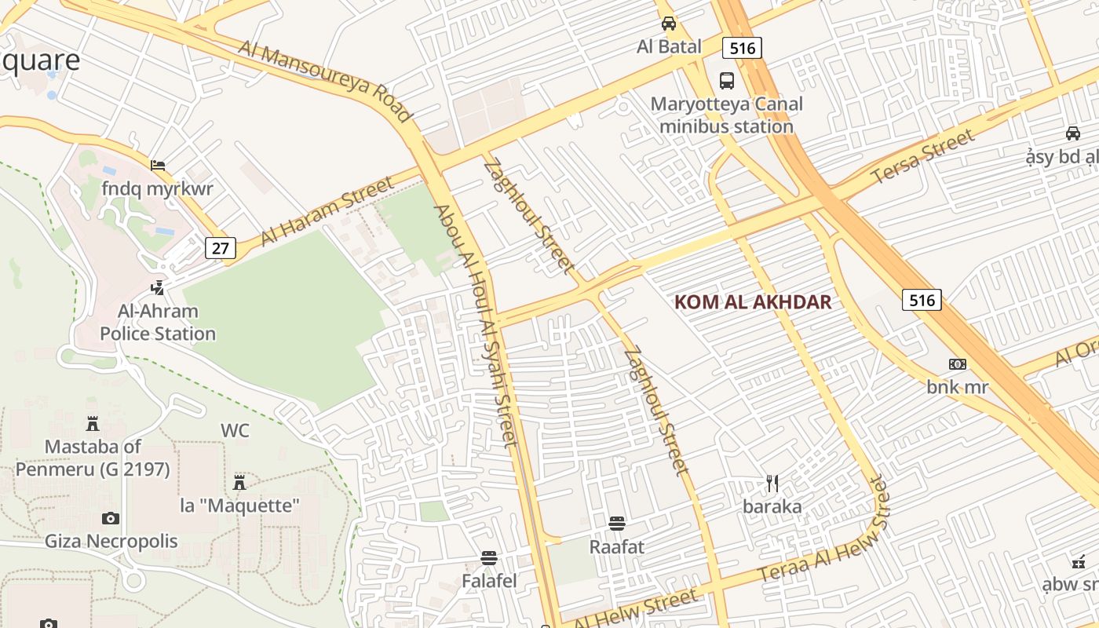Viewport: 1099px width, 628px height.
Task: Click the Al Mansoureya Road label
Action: [326, 82]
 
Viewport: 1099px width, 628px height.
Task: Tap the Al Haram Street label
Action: [327, 210]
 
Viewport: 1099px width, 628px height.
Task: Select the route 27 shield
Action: [221, 249]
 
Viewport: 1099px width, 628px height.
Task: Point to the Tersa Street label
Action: [923, 157]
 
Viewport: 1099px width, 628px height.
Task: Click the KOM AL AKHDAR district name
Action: [753, 302]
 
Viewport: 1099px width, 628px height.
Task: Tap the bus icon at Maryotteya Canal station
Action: [727, 80]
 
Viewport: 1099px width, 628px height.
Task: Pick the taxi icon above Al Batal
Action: [669, 24]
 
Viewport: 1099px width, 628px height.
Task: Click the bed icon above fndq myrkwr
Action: [158, 166]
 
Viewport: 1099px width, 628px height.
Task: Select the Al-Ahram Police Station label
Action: [158, 323]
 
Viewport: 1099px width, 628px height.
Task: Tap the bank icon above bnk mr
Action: [958, 364]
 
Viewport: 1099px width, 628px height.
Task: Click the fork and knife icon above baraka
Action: [772, 484]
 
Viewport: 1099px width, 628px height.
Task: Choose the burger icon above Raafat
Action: [617, 524]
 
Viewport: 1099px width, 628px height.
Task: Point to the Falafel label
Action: [489, 581]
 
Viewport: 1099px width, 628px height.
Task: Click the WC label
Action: [235, 430]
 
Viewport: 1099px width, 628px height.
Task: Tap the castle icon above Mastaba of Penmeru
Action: [93, 425]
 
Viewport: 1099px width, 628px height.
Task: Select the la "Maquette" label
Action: [240, 506]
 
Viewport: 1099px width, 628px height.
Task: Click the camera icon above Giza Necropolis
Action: [111, 518]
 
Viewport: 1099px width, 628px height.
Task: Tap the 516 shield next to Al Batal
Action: [742, 49]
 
